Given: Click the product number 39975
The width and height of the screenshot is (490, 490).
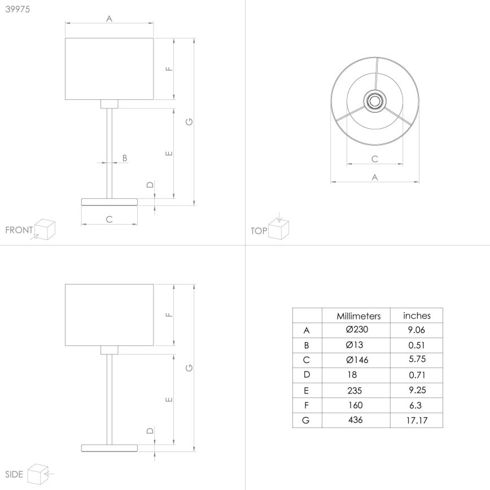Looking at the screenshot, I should click(17, 8).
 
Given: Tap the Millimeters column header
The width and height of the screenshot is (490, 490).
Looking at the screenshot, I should click(358, 316).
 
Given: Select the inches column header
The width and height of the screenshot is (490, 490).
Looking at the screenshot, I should click(417, 316).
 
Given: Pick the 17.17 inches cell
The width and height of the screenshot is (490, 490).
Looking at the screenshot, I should click(417, 420).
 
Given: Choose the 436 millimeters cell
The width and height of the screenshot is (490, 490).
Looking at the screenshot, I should click(356, 419).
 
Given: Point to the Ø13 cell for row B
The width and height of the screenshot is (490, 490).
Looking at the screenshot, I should click(355, 345).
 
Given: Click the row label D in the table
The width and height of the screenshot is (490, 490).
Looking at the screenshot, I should click(307, 375).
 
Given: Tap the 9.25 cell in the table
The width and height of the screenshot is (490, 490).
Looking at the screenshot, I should click(417, 390).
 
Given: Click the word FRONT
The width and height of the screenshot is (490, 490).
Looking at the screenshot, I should click(19, 230).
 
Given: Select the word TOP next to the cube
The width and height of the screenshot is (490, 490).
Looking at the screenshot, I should click(259, 230).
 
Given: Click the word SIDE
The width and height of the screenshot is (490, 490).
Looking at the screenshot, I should click(14, 474).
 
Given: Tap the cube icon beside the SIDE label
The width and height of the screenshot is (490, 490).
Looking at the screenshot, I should click(37, 473).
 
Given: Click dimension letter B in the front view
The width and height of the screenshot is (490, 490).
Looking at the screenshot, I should click(125, 158).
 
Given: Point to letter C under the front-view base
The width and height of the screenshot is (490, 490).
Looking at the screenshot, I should click(110, 219).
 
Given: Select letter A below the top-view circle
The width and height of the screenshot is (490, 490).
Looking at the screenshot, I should click(374, 177).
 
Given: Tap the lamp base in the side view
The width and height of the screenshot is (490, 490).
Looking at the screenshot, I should click(110, 447).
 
